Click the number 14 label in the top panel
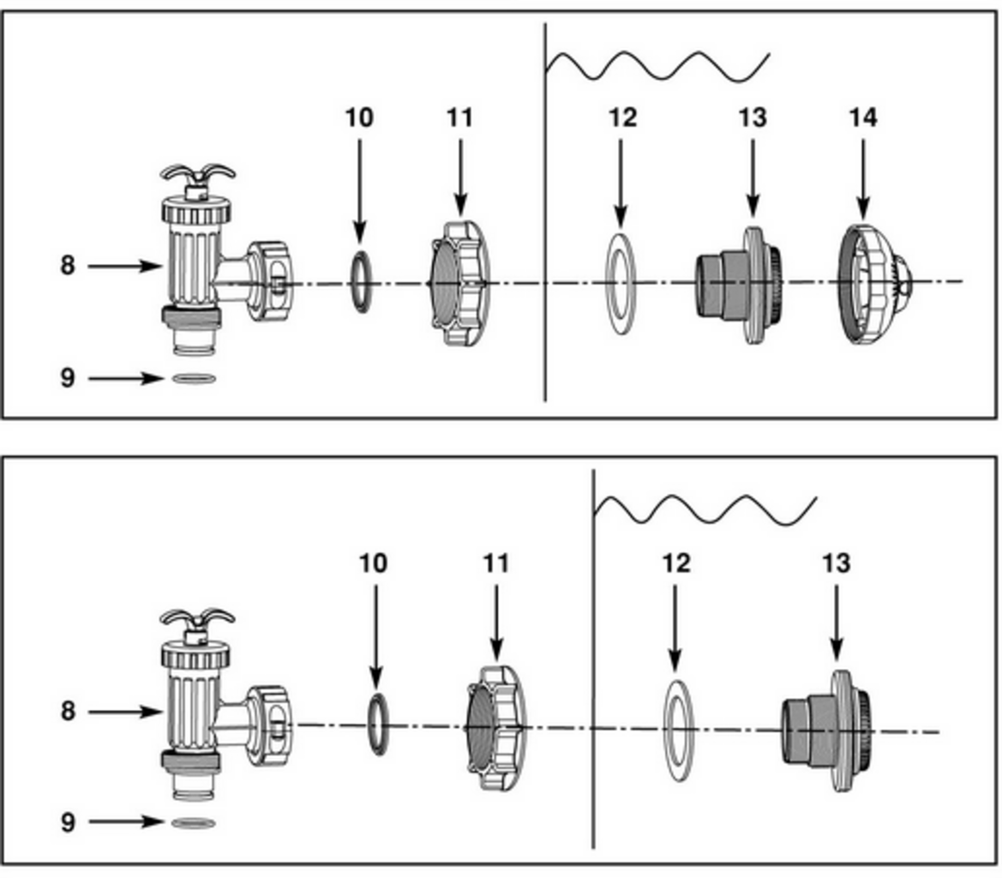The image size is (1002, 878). point(862,117)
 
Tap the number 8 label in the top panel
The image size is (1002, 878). point(68,266)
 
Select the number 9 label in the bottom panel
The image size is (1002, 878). point(68,821)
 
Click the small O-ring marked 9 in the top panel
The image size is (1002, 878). point(194,378)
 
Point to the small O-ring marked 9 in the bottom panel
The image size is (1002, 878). point(194,824)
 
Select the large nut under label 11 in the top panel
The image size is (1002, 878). point(459,283)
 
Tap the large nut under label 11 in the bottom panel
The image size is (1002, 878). point(495,728)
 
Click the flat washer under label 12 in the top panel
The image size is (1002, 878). point(621,284)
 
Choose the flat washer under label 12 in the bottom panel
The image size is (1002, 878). point(677,730)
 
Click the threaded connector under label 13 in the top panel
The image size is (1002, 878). point(737,284)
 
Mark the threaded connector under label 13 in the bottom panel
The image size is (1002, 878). point(828,730)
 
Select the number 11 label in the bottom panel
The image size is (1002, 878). point(495,563)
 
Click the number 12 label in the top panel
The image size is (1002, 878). point(622,117)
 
